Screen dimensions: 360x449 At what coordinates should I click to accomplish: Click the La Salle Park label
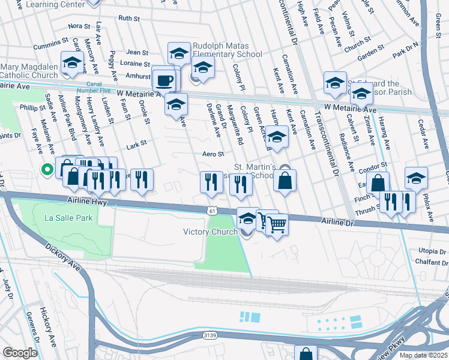coord(68,218)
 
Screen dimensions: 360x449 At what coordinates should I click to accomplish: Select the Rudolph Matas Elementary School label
coord(227,50)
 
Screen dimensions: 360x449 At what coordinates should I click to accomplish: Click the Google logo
coord(20,353)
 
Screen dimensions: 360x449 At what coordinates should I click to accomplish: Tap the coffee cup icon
coord(164,80)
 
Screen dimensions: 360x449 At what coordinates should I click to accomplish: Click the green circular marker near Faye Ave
coord(46,170)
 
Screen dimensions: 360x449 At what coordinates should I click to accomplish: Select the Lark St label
coord(137,145)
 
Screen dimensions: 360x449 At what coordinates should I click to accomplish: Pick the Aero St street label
coord(212,154)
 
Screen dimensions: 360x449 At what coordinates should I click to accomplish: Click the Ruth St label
coord(128,19)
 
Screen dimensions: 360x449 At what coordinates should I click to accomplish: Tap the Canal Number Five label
coord(100,87)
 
